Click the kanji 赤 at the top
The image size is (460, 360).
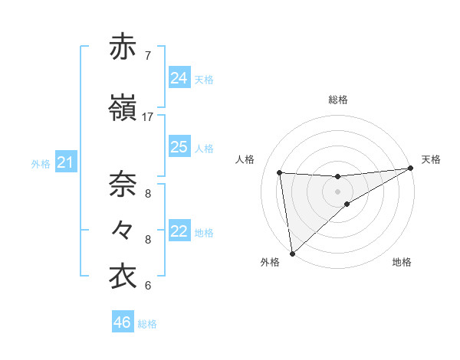click(x=123, y=47)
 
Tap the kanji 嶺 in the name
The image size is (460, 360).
click(x=123, y=108)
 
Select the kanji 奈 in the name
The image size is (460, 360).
click(x=123, y=184)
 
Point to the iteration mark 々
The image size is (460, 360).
click(x=123, y=229)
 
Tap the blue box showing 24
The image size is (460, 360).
click(x=179, y=78)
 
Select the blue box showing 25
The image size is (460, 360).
click(x=179, y=147)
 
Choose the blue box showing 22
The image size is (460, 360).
click(x=179, y=231)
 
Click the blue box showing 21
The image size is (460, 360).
click(x=65, y=162)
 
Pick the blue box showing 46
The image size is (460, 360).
click(x=123, y=322)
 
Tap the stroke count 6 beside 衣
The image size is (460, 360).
click(x=147, y=286)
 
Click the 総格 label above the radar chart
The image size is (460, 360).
click(x=338, y=100)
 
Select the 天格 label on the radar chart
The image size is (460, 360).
click(x=431, y=159)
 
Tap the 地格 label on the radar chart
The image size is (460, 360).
click(x=402, y=262)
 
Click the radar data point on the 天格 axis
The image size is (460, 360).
click(x=410, y=169)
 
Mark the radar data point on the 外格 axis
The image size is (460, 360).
click(x=292, y=253)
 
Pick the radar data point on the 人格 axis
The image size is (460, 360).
click(x=280, y=172)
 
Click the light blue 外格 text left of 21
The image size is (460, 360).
click(x=40, y=163)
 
